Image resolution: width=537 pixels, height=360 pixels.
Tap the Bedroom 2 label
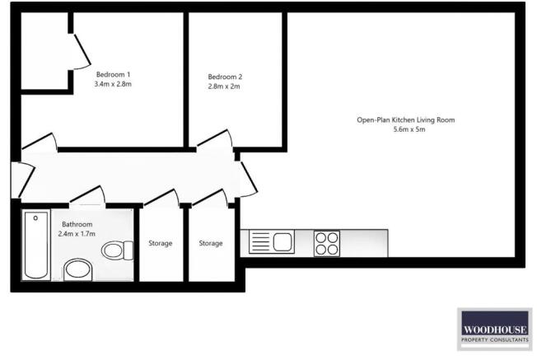tap(224, 77)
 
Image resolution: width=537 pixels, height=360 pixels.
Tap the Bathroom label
tap(77, 224)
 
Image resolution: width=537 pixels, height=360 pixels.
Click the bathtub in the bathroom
tap(35, 245)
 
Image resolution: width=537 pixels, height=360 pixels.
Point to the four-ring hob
tap(327, 243)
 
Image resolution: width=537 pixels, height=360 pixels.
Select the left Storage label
tap(160, 244)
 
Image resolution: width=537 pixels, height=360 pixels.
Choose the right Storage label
tap(211, 244)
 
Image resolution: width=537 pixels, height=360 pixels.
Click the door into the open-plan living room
tap(247, 175)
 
